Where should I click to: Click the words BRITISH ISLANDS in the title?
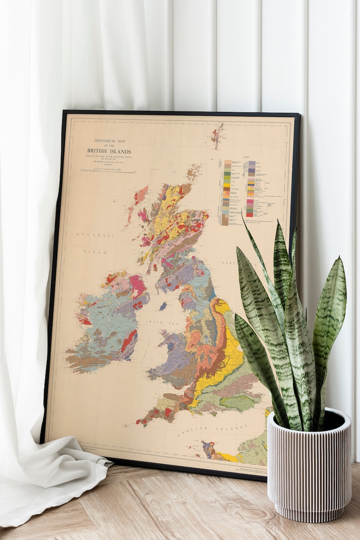(x=109, y=151)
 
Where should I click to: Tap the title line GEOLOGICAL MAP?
(x=108, y=141)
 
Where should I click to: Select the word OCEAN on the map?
(x=95, y=251)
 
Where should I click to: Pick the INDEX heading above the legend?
(x=246, y=157)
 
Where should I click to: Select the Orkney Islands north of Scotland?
(x=194, y=172)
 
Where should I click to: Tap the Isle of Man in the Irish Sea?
(x=163, y=306)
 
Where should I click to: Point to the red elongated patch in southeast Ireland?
(x=129, y=341)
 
